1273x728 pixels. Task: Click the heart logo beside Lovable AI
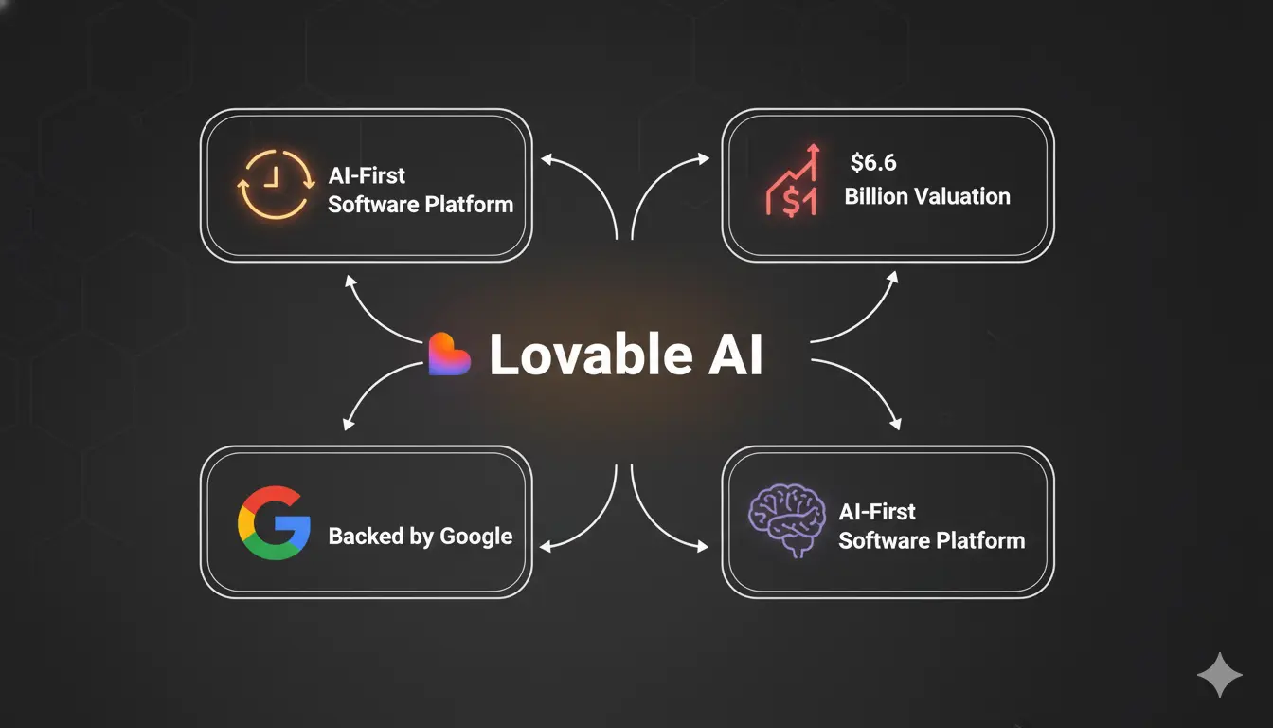tap(450, 355)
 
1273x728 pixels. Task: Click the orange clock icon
tap(274, 184)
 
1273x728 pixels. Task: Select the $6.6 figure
tap(872, 163)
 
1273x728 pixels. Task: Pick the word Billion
tap(875, 196)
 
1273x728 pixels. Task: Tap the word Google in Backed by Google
tap(475, 537)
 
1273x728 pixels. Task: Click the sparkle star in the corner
tap(1219, 675)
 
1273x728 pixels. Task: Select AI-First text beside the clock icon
tap(367, 175)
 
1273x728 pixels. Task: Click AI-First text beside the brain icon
tap(877, 512)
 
